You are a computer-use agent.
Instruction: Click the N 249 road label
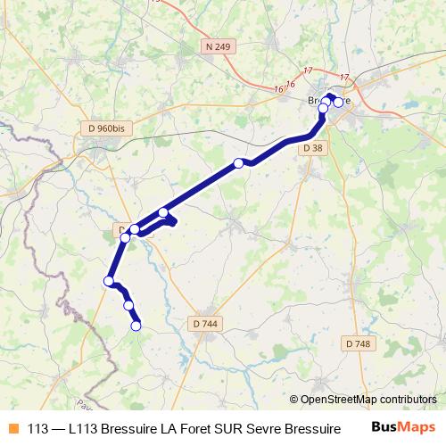[x=218, y=45]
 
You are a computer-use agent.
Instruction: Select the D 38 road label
[x=313, y=147]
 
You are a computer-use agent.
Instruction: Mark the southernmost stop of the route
[x=136, y=326]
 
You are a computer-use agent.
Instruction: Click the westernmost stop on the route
[x=109, y=281]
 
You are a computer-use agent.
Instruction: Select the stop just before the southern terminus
[x=128, y=305]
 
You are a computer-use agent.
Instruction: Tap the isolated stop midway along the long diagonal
[x=238, y=162]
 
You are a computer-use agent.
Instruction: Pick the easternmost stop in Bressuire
[x=338, y=103]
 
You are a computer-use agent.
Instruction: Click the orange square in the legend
[x=12, y=428]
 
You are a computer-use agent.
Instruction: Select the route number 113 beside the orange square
[x=37, y=428]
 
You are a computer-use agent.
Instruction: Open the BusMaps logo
[x=402, y=427]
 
